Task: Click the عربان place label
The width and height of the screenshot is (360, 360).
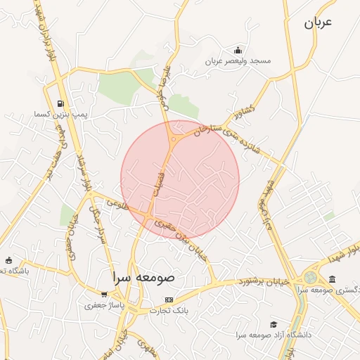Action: pyautogui.click(x=317, y=22)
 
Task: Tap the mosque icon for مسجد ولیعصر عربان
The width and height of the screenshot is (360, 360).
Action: pyautogui.click(x=238, y=50)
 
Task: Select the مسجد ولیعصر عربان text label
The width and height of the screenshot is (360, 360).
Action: pyautogui.click(x=238, y=61)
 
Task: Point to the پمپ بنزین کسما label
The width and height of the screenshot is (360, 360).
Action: pyautogui.click(x=60, y=114)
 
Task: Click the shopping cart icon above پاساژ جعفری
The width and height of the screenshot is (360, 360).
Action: pyautogui.click(x=104, y=295)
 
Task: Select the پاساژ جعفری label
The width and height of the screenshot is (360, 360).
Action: pyautogui.click(x=104, y=305)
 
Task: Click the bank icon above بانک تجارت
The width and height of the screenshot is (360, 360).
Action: pyautogui.click(x=168, y=300)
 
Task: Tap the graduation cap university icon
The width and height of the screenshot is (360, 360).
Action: pyautogui.click(x=273, y=324)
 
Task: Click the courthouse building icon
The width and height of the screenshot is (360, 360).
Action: pyautogui.click(x=332, y=280)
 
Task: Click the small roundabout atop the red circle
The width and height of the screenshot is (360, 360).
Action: pyautogui.click(x=173, y=139)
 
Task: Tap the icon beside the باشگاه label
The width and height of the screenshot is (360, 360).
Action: pyautogui.click(x=8, y=260)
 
